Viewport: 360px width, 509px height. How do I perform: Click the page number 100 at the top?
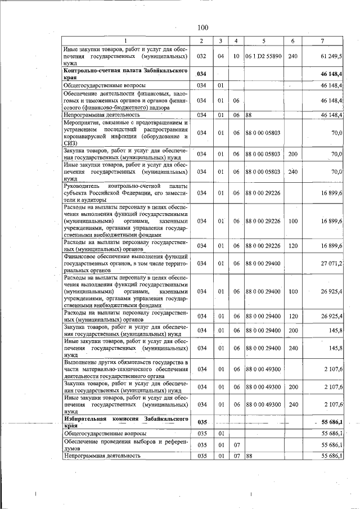(203, 28)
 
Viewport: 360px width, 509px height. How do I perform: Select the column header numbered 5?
(263, 40)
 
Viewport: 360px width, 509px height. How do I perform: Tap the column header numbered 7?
(321, 40)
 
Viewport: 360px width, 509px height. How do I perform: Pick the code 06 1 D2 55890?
(263, 57)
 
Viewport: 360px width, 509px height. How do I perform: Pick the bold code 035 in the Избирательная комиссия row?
(202, 422)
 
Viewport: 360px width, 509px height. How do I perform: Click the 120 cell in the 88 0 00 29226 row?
(292, 246)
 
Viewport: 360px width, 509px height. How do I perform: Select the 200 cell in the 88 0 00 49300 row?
(292, 387)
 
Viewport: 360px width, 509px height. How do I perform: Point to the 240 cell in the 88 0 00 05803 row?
(292, 172)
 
